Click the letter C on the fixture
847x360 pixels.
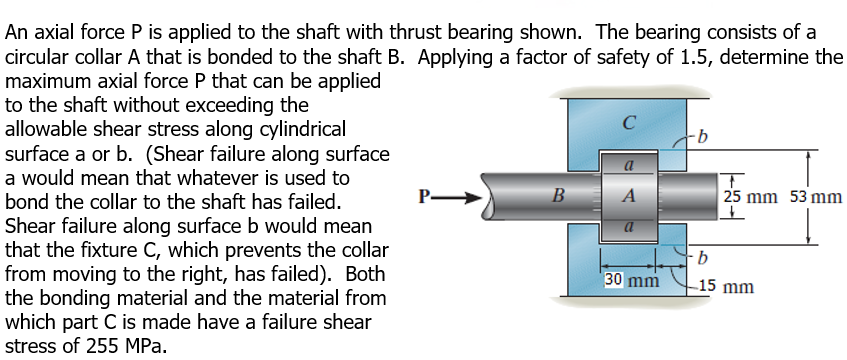(627, 124)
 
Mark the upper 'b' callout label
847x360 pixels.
(704, 132)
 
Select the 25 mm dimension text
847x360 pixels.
(749, 197)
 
